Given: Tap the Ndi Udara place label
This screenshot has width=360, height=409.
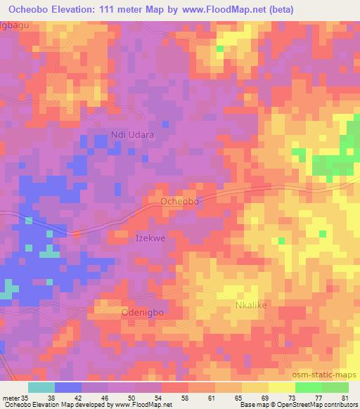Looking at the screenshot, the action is click(x=132, y=134).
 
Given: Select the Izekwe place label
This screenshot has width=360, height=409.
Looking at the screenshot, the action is click(x=150, y=238).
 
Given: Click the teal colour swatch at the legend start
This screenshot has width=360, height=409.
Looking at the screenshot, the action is click(x=41, y=387).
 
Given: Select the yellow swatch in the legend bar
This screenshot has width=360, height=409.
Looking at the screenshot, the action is click(x=281, y=387).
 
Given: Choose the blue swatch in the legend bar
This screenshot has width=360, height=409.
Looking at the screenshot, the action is click(x=67, y=387).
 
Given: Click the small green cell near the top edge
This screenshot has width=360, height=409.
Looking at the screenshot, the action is click(x=220, y=48).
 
